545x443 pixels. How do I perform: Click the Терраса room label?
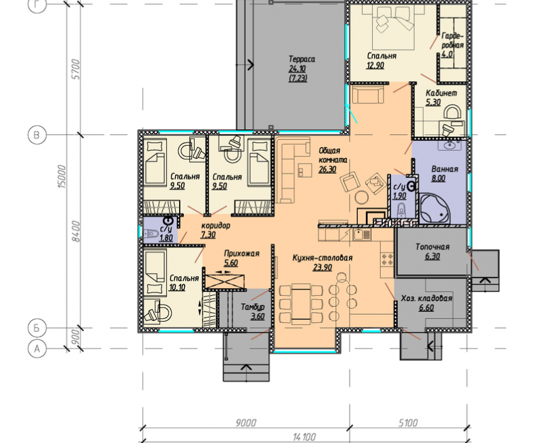point(302,59)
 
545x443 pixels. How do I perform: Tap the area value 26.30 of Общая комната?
point(327,169)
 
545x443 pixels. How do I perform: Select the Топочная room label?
point(433,247)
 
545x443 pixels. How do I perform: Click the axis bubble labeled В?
point(37,135)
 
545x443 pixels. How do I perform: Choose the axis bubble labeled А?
point(37,348)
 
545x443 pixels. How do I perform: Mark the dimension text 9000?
point(246,423)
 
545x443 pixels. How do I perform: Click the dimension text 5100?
point(408,423)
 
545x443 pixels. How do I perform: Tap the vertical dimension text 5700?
point(76,70)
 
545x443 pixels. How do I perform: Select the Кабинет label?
point(441,93)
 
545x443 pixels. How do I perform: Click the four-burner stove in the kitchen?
point(388,259)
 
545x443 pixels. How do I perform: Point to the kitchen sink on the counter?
point(362,234)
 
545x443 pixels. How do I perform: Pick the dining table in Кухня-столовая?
point(300,303)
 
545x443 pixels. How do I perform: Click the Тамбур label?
point(253,307)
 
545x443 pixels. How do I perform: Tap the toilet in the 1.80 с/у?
point(151,234)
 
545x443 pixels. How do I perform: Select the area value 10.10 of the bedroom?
point(177,287)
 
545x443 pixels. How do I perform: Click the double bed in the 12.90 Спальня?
point(393,27)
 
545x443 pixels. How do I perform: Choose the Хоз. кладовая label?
point(426,299)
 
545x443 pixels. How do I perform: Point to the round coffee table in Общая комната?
point(362,198)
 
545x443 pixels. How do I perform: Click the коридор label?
point(215,226)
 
